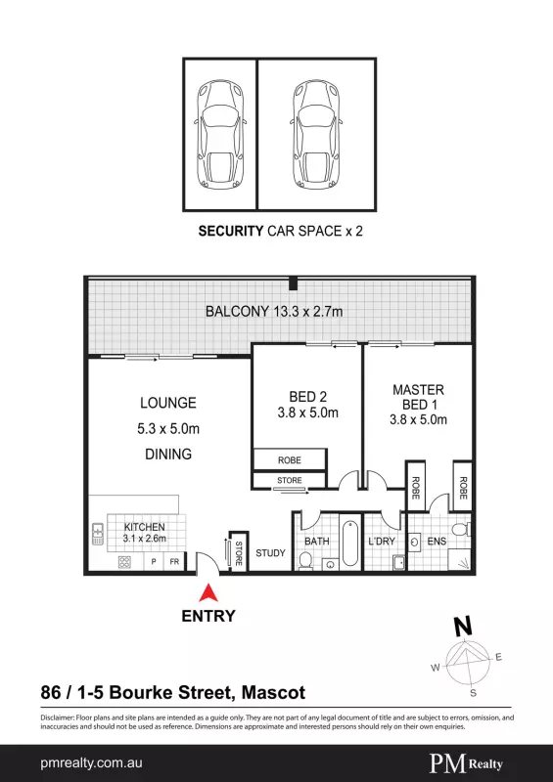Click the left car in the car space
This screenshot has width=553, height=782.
pyautogui.click(x=221, y=136)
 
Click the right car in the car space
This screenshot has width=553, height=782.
pyautogui.click(x=316, y=136)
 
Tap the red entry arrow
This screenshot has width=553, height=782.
pyautogui.click(x=208, y=592)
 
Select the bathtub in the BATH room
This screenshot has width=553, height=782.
pyautogui.click(x=350, y=543)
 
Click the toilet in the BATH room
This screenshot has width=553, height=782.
pyautogui.click(x=304, y=561)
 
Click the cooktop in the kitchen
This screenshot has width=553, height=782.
pyautogui.click(x=124, y=562)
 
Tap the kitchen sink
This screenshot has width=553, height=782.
pyautogui.click(x=98, y=534)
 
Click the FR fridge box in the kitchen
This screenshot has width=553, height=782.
pyautogui.click(x=174, y=561)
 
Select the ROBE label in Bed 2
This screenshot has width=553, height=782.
pyautogui.click(x=290, y=460)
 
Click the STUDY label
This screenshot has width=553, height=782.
pyautogui.click(x=270, y=553)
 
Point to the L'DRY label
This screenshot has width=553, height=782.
pyautogui.click(x=382, y=542)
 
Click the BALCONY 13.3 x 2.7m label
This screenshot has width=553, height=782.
pyautogui.click(x=274, y=312)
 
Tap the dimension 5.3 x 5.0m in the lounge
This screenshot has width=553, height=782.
pyautogui.click(x=168, y=428)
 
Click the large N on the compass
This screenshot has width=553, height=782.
pyautogui.click(x=463, y=626)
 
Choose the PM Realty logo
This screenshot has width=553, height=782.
pyautogui.click(x=466, y=763)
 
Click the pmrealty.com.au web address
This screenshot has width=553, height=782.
pyautogui.click(x=91, y=763)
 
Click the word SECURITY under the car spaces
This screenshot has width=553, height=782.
pyautogui.click(x=231, y=232)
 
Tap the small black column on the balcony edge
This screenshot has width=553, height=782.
pyautogui.click(x=294, y=284)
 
